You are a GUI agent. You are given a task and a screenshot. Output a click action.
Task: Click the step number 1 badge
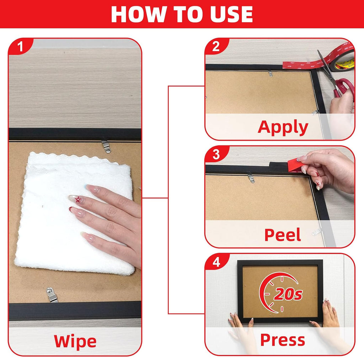20,47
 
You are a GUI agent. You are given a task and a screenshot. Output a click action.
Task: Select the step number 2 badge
216,47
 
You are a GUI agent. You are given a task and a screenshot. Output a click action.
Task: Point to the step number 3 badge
216,154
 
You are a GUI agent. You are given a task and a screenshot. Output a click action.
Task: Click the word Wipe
75,342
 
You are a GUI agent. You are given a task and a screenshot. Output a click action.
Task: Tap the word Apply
283,128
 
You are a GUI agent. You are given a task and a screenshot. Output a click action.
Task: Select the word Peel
283,235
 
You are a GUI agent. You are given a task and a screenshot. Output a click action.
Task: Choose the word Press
283,340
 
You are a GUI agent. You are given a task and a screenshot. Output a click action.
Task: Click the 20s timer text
288,294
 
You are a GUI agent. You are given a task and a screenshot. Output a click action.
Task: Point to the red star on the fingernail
78,199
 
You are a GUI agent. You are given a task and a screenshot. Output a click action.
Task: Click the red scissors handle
344,88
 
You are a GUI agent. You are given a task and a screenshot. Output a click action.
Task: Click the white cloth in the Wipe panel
74,214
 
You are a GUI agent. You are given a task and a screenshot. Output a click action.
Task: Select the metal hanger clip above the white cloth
106,146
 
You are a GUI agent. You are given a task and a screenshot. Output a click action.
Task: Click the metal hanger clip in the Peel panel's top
251,178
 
